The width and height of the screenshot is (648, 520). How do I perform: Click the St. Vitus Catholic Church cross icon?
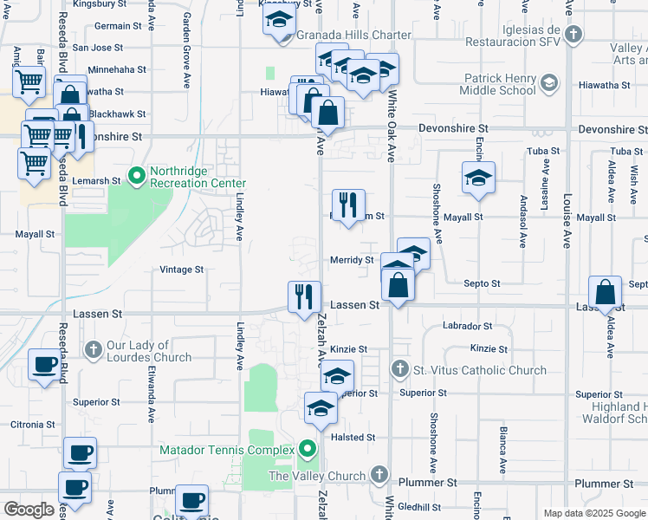[399, 370]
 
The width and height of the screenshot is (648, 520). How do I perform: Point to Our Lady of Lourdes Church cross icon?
[94, 350]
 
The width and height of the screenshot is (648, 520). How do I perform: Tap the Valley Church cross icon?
[378, 475]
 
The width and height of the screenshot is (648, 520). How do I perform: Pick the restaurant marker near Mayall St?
[348, 205]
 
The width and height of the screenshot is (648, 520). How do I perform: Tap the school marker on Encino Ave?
[478, 178]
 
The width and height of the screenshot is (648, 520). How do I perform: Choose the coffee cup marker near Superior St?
[44, 364]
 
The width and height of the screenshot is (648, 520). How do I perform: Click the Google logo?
[29, 510]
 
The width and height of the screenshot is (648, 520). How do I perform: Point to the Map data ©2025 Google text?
[593, 513]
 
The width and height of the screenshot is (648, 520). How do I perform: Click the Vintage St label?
[182, 270]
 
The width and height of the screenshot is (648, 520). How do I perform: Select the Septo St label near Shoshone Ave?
[483, 283]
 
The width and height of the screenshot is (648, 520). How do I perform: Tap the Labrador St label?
[467, 327]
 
